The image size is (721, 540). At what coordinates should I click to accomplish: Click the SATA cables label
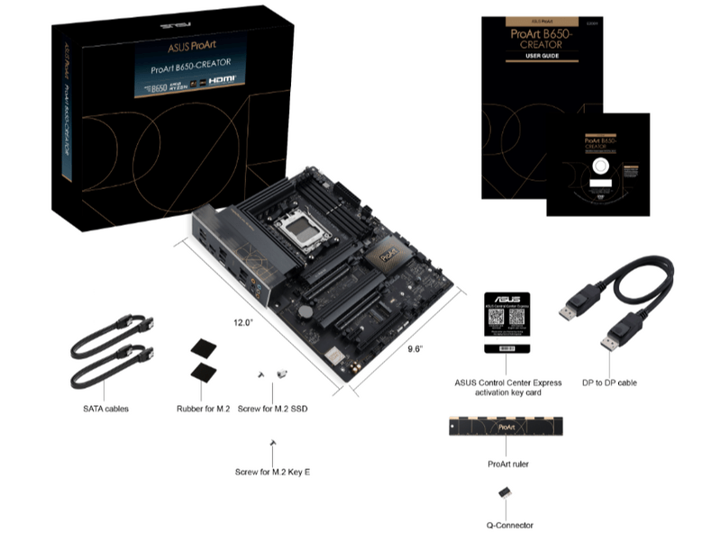(105, 409)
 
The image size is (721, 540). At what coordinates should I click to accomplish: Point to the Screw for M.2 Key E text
(272, 472)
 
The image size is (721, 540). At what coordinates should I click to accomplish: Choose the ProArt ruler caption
(507, 463)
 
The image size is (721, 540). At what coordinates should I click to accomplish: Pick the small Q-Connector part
(506, 496)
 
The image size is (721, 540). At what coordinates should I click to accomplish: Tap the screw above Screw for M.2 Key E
(271, 443)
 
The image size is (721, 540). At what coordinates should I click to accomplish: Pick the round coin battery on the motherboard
(306, 310)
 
